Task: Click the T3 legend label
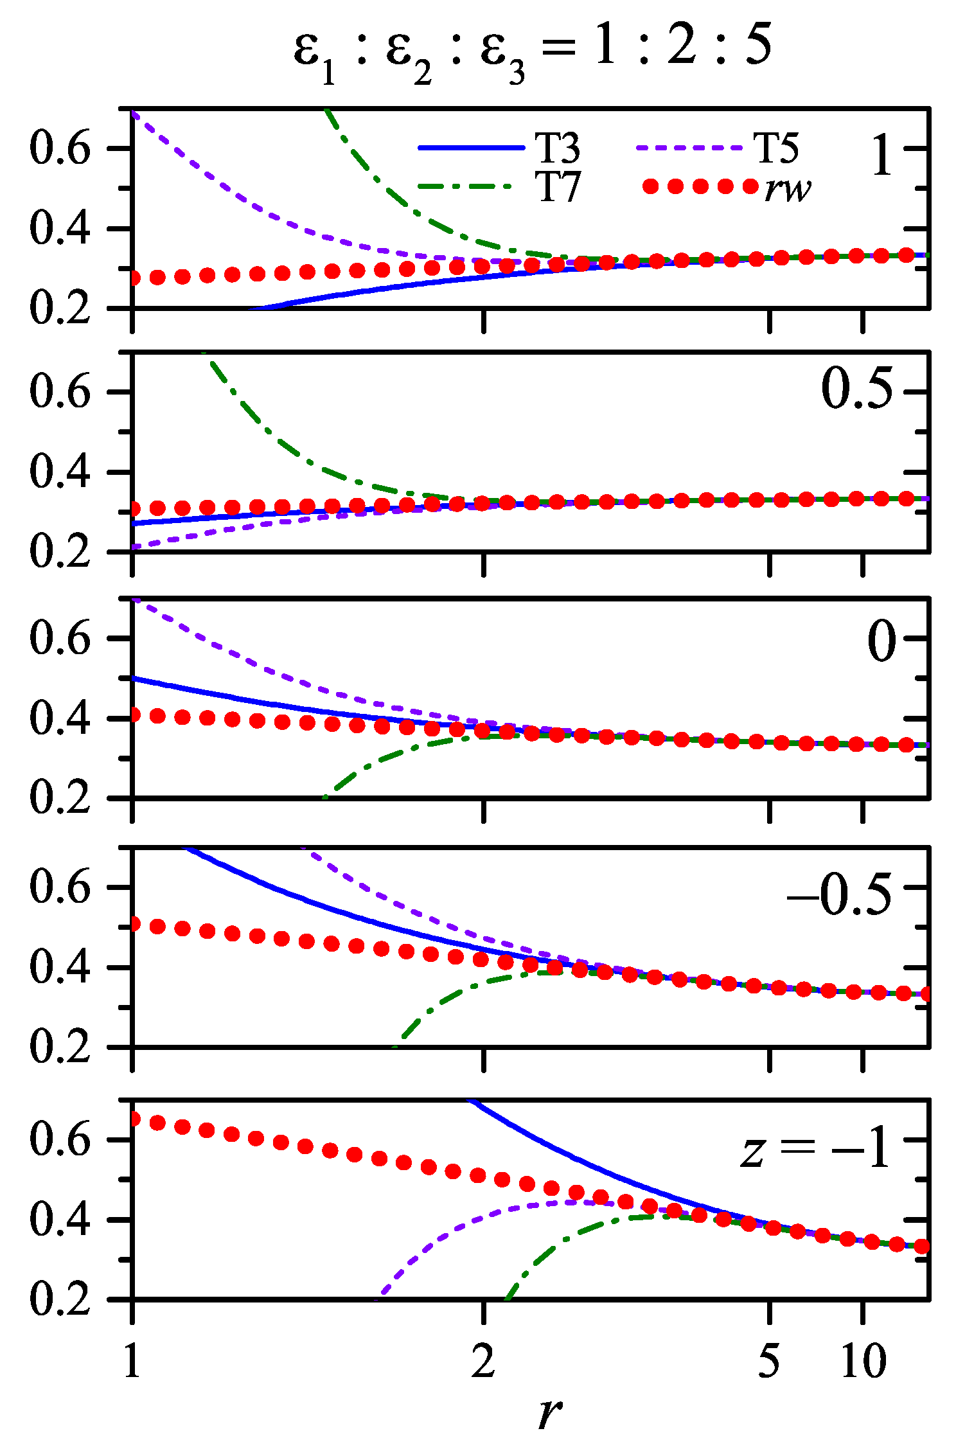tap(557, 148)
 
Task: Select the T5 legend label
tap(776, 148)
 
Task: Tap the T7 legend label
tap(557, 188)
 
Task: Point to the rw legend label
tap(788, 188)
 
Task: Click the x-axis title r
tap(549, 1412)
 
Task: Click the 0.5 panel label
tap(857, 390)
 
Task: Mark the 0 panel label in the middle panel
tap(881, 642)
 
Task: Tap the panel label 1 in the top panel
tap(882, 156)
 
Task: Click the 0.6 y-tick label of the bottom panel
tap(60, 1139)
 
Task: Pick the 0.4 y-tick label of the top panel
tap(60, 229)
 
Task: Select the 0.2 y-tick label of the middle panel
tap(60, 799)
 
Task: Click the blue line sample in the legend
tap(471, 148)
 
